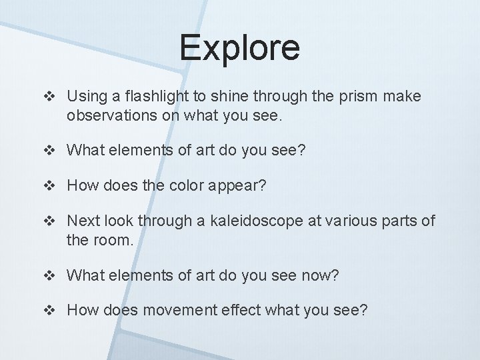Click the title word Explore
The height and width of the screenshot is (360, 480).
[239, 48]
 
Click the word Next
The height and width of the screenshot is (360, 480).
[83, 221]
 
